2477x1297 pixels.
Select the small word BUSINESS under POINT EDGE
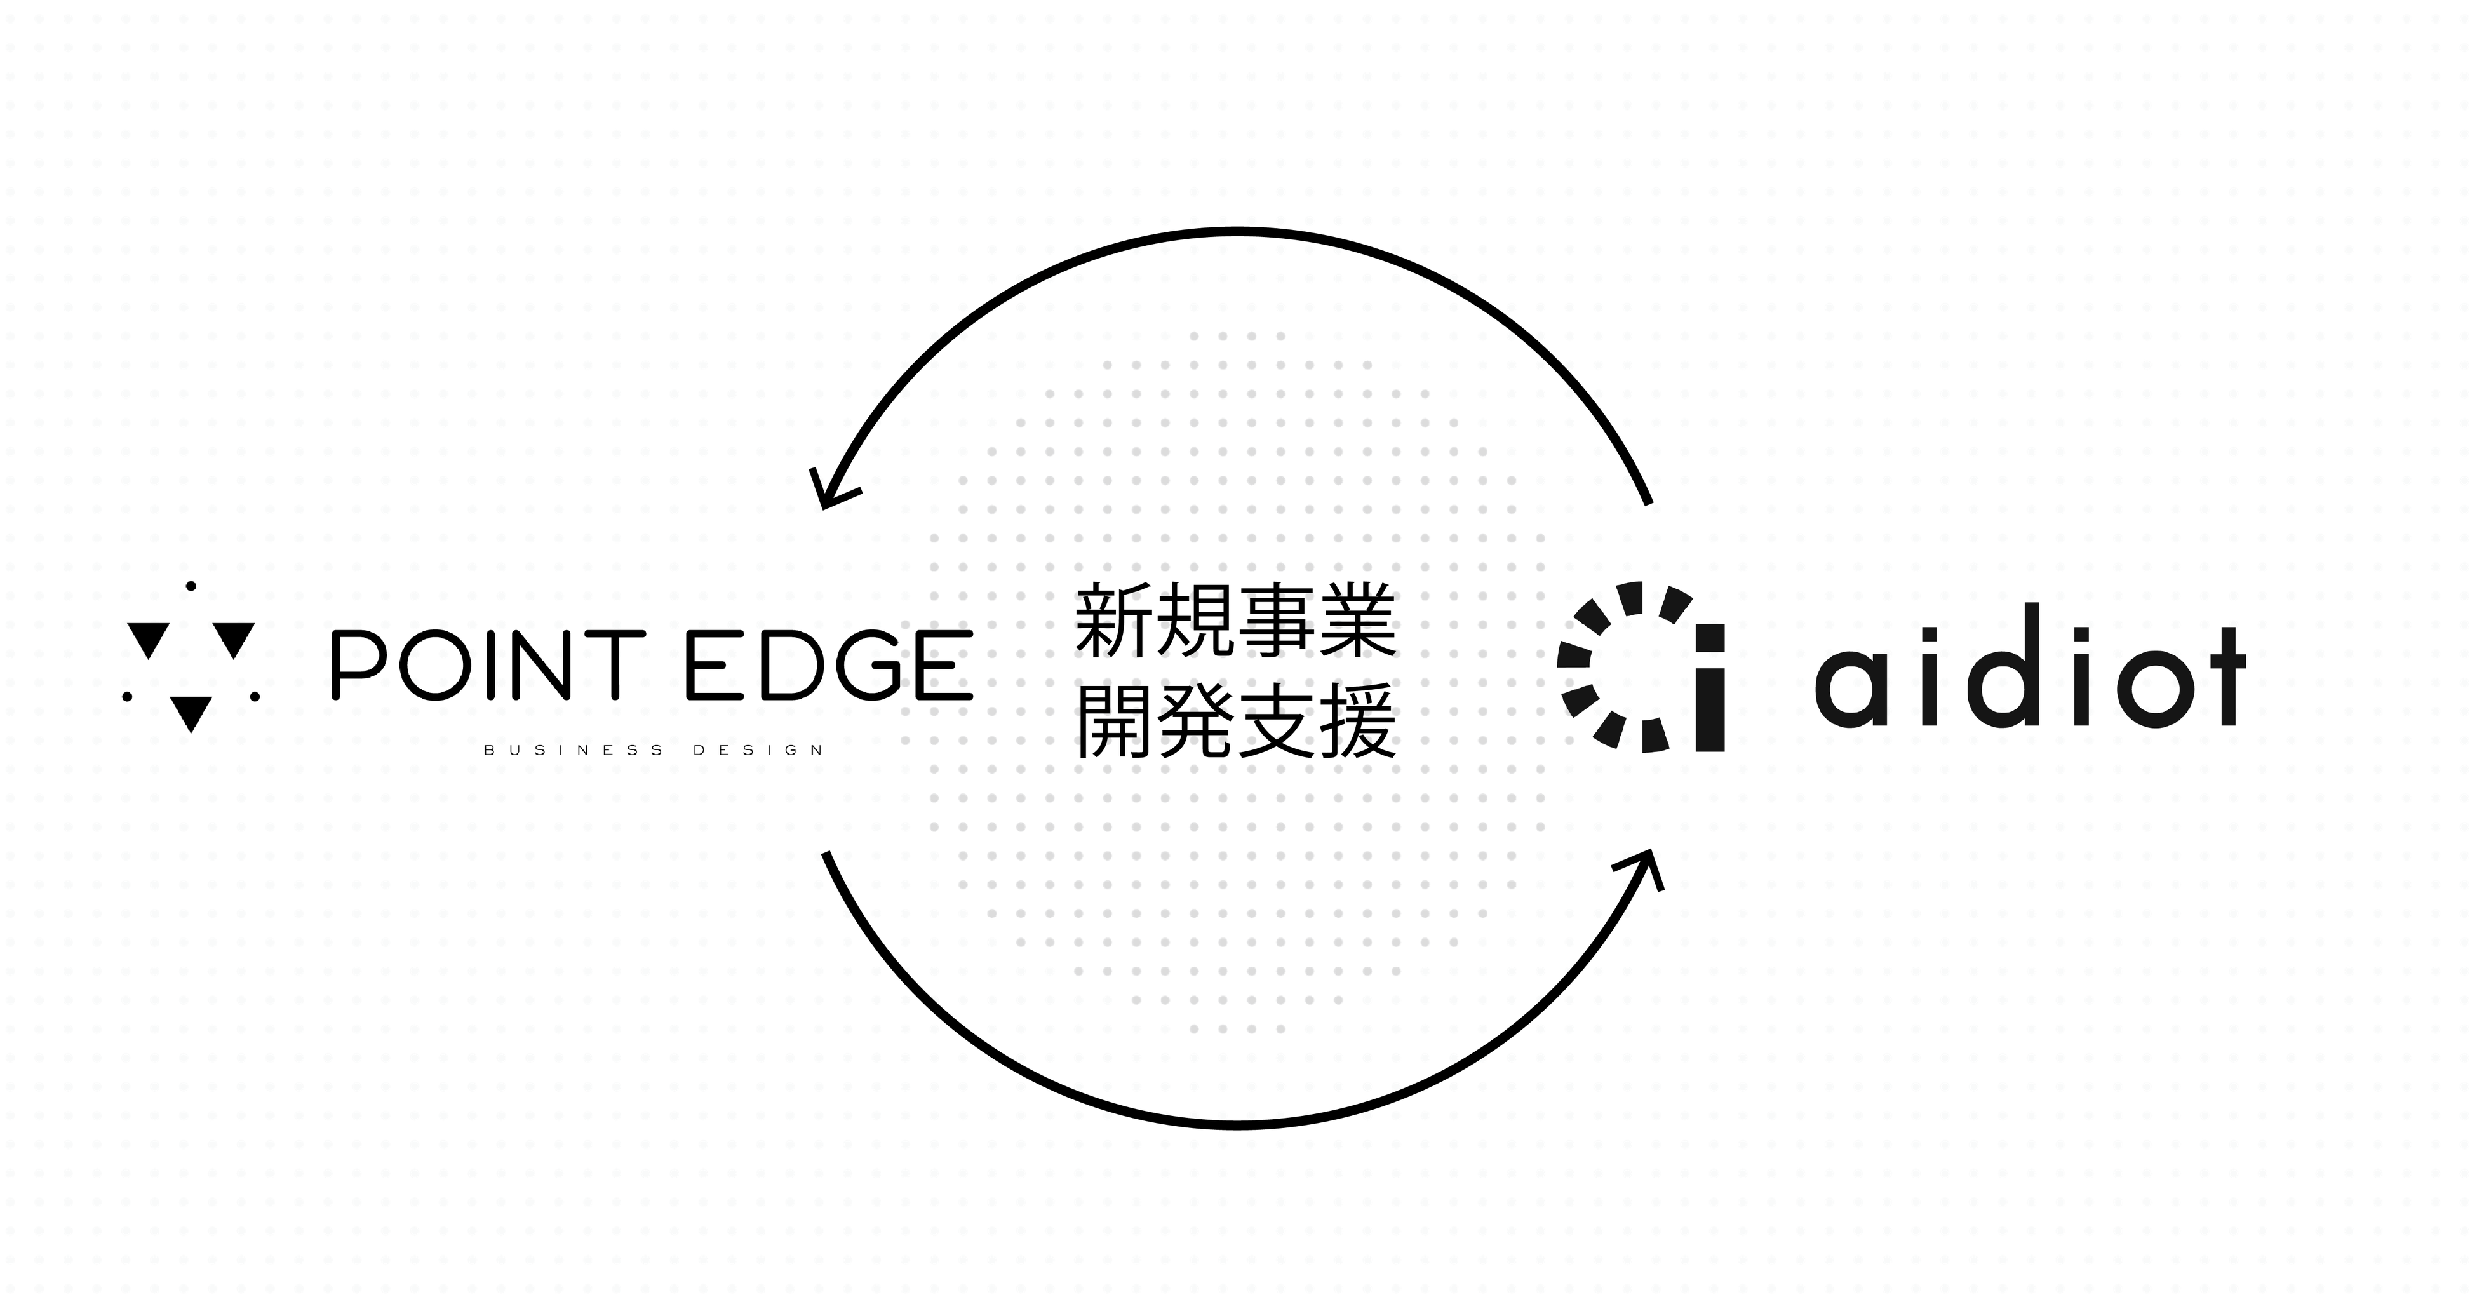pos(574,750)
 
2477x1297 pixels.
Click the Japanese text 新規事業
pos(1235,623)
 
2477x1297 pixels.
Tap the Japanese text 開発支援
pos(1235,723)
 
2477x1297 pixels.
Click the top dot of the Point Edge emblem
pos(191,586)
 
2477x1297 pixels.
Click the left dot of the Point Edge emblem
pos(128,696)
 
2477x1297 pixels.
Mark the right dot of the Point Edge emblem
pos(255,696)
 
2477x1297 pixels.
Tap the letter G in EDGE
pos(869,664)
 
